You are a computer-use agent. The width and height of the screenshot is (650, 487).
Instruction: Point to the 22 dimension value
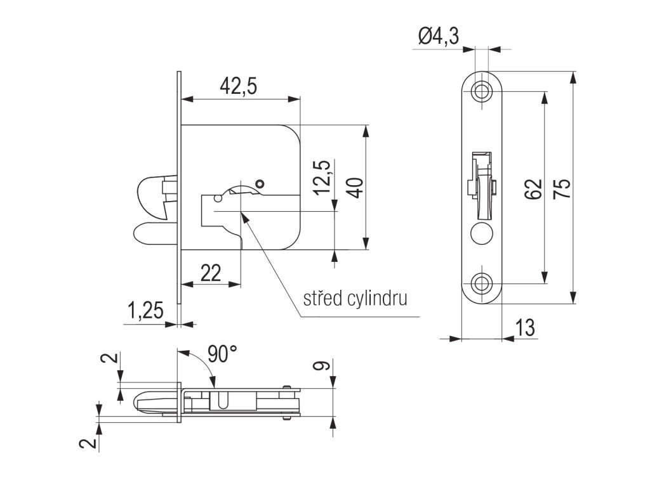click(x=210, y=272)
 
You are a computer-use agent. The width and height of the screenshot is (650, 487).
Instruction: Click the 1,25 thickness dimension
click(x=145, y=311)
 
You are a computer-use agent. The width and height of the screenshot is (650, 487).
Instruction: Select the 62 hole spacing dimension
click(x=533, y=188)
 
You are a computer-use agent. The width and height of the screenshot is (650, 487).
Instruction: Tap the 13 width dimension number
click(x=525, y=328)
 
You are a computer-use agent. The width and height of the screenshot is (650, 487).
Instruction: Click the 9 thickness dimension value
click(x=322, y=366)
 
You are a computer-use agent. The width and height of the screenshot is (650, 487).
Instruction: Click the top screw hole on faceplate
click(x=482, y=91)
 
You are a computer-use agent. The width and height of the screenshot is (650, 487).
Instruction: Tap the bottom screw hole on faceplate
click(x=482, y=283)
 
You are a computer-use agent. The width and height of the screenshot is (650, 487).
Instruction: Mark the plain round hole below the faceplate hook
click(x=481, y=233)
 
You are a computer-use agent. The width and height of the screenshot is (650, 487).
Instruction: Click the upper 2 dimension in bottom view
click(x=112, y=360)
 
